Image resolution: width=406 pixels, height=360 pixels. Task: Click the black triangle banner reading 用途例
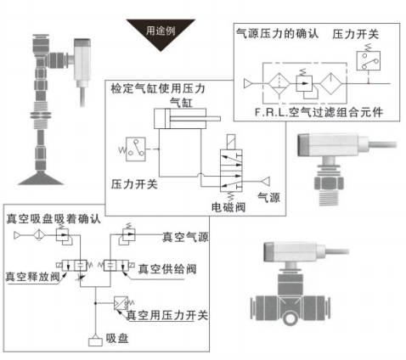click(161, 32)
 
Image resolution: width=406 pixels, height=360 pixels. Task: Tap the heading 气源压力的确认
click(278, 34)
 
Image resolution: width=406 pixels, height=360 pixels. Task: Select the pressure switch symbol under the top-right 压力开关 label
click(368, 60)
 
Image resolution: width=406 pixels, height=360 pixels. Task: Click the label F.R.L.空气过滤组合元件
click(319, 112)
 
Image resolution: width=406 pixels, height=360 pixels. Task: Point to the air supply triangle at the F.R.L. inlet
click(248, 83)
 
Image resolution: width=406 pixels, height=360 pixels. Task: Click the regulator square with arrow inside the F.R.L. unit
click(304, 83)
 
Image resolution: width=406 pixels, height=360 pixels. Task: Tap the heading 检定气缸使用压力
click(158, 88)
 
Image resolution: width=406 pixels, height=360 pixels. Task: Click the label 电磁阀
click(228, 207)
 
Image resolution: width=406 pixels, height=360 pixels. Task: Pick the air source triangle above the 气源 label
click(266, 181)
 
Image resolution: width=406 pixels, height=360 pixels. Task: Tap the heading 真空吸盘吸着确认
click(54, 219)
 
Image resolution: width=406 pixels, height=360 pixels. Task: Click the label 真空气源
click(185, 237)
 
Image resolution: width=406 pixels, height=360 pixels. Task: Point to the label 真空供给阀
click(167, 269)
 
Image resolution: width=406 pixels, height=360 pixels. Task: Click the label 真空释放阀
click(32, 277)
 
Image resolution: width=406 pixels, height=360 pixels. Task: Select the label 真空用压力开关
click(167, 315)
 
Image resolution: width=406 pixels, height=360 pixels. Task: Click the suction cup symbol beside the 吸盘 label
click(95, 340)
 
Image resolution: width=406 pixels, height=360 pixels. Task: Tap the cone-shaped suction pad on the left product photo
click(41, 178)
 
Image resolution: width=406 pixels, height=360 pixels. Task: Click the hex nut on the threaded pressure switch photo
click(329, 183)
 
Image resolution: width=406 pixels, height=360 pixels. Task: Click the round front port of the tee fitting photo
click(290, 318)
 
